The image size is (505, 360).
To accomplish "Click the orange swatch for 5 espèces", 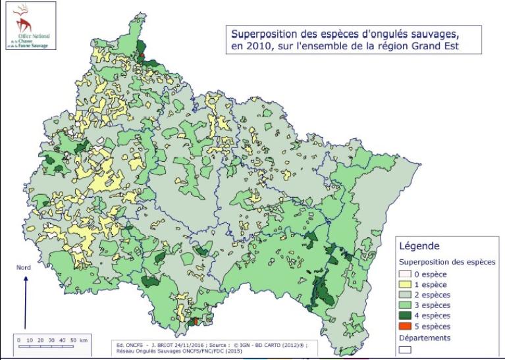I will coord(406,326).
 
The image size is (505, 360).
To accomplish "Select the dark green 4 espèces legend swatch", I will coord(406,316).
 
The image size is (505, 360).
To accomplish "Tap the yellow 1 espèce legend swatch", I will coord(406,284).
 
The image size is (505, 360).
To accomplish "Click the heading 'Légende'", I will coord(419,246).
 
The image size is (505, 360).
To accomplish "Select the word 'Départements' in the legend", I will coord(425,338).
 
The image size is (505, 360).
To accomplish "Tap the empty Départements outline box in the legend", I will coord(406,349).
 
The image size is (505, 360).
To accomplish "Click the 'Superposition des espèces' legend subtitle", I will coord(447,261).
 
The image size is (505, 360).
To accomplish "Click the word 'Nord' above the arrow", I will coord(24,267).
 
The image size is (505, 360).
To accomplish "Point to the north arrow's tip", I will coord(25,276).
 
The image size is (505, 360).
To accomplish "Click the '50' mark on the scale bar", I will coord(72,340).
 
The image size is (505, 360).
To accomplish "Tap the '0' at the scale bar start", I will coord(19,340).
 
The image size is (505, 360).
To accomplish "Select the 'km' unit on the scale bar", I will coord(83,340).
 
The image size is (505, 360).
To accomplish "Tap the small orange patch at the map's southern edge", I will coord(194,322).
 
